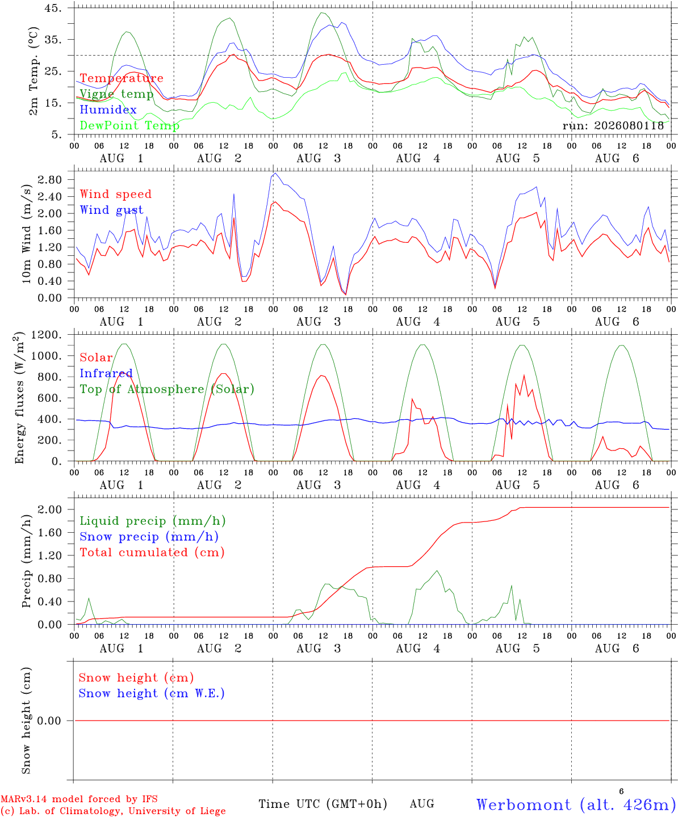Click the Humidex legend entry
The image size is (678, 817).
point(108,110)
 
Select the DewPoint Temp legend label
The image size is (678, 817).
point(129,125)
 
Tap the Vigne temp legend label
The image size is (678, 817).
point(116,94)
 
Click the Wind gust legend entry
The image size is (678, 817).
point(111,210)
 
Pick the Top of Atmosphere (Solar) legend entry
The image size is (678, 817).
point(167,389)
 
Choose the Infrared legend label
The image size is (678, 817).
point(106,373)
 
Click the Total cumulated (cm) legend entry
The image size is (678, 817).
point(152,552)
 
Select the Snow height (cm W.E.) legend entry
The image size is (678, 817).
point(151,693)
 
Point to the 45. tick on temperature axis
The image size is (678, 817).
point(53,8)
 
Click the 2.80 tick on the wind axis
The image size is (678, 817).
point(50,180)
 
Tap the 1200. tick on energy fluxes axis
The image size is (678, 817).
point(47,335)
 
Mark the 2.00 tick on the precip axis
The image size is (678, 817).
point(50,509)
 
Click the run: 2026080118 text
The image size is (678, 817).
point(613,125)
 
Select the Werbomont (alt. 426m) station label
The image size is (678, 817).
point(576,805)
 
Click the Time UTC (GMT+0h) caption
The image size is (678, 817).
point(323,804)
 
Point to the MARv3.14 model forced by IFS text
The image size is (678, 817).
point(79,799)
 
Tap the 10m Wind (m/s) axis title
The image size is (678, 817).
point(26,233)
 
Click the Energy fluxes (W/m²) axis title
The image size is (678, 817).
point(19,398)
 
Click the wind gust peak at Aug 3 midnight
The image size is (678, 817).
point(275,174)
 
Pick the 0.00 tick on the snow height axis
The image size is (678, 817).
point(49,721)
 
